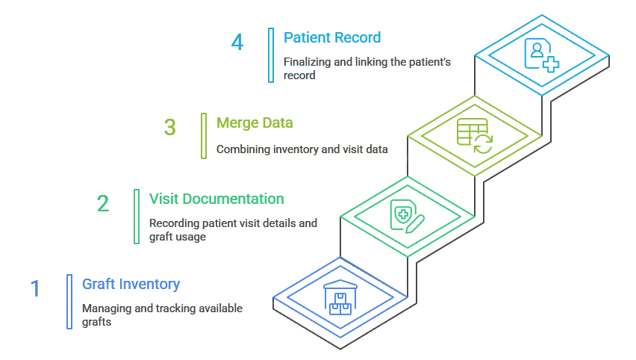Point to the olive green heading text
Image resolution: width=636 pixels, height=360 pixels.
(258, 122)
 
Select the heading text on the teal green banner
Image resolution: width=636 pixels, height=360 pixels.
(213, 202)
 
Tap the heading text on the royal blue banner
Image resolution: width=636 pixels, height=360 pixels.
(131, 284)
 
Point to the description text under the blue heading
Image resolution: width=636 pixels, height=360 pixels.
(160, 311)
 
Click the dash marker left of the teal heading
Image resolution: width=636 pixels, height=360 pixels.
(112, 202)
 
